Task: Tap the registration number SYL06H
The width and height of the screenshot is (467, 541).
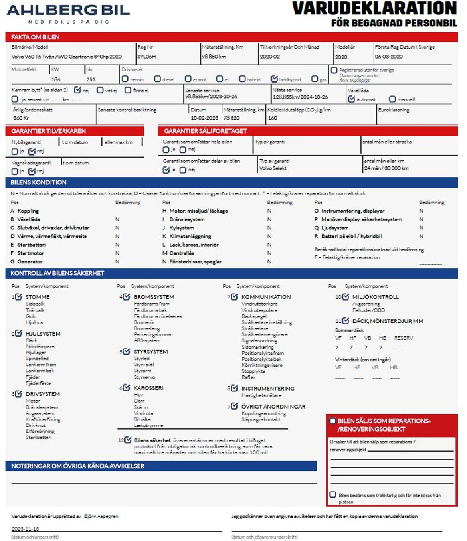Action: point(146,57)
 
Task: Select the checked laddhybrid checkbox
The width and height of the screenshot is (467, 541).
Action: point(274,79)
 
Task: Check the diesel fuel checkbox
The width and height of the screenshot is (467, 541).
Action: point(157,79)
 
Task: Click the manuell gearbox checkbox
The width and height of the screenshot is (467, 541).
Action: point(392,99)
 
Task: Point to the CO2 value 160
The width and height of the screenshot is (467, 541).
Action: point(273,118)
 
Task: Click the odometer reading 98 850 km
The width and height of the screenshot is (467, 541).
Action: point(214,57)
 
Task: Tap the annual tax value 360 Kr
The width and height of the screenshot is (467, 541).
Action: point(21,118)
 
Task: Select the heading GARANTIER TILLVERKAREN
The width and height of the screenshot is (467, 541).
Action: point(48,131)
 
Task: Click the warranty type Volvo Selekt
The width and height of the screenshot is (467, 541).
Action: point(273,168)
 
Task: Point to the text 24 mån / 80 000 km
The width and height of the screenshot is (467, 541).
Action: point(386,168)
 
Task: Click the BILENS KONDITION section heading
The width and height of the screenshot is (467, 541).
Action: point(38,182)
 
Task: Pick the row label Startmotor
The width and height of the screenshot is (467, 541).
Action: point(30,253)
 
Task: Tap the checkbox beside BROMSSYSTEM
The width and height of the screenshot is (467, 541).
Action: point(127,297)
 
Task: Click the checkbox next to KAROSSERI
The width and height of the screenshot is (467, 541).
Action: point(127,387)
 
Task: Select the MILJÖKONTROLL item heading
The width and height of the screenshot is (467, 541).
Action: point(375,297)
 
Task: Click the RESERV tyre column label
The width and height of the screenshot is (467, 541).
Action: point(404,338)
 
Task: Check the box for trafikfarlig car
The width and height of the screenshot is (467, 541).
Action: point(332,495)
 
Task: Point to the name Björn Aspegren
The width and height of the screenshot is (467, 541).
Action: point(101,516)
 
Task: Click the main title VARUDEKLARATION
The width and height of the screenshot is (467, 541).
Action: point(374,8)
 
